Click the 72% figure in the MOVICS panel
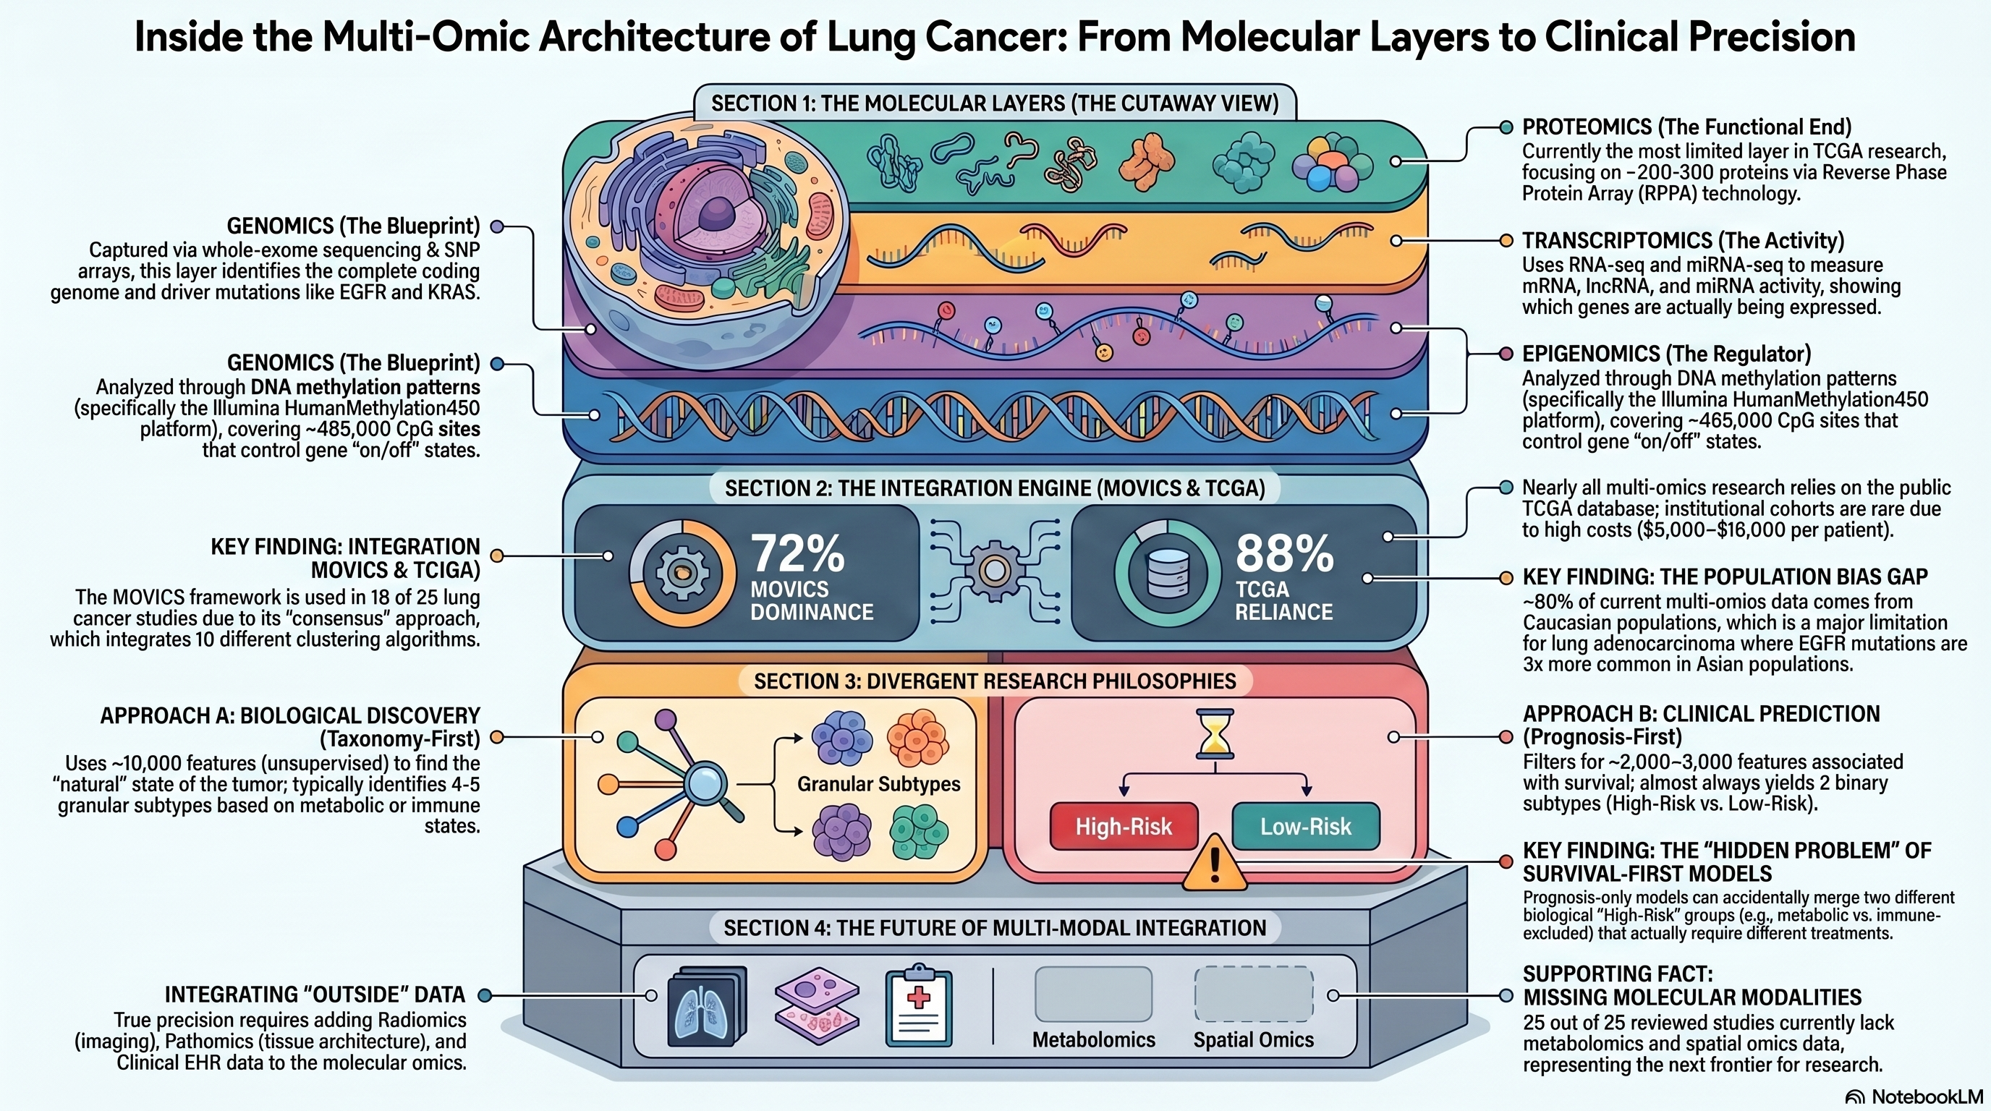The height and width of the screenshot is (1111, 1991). [798, 553]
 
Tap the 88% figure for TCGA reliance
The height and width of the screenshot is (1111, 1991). [1283, 553]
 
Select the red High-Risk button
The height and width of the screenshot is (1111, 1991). [1123, 827]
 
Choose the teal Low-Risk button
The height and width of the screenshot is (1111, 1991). [1305, 827]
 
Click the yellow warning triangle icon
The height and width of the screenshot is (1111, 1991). [1214, 864]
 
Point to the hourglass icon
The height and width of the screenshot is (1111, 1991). [1214, 733]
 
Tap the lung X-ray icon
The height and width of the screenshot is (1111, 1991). [705, 1007]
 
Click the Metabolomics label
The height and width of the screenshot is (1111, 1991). [1094, 1040]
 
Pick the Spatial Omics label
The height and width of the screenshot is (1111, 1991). [1253, 1040]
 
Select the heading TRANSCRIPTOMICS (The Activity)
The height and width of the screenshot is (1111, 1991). [1683, 241]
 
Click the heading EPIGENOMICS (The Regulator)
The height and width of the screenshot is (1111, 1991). [1666, 354]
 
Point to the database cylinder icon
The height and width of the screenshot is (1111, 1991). [1168, 574]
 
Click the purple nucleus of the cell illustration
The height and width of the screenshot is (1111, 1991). [718, 212]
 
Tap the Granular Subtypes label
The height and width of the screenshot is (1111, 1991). [879, 784]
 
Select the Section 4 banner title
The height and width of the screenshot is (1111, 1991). [995, 928]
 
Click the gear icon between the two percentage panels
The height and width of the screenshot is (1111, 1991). [994, 571]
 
